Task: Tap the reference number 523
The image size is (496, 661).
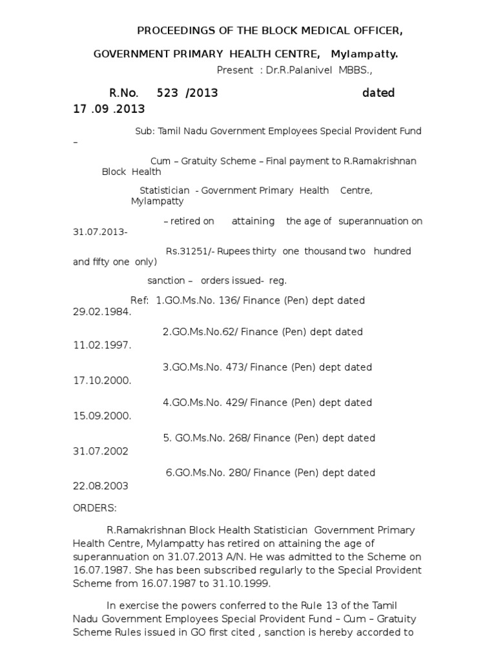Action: click(x=167, y=93)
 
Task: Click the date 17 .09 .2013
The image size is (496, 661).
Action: click(x=109, y=109)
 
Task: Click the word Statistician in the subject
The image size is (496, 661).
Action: click(x=165, y=190)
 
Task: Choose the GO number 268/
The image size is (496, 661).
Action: click(x=236, y=438)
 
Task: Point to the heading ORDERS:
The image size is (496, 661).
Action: click(x=95, y=509)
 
